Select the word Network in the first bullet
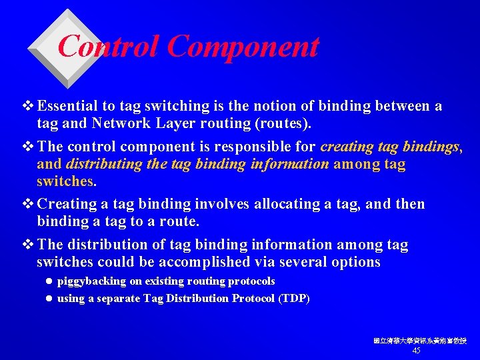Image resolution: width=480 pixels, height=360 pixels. pos(117,123)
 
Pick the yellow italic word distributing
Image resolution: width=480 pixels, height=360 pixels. pos(102,164)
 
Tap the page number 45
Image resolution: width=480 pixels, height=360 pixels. pos(417,351)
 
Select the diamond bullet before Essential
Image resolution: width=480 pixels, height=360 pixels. pos(28,106)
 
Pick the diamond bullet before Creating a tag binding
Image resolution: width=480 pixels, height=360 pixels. pos(28,204)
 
